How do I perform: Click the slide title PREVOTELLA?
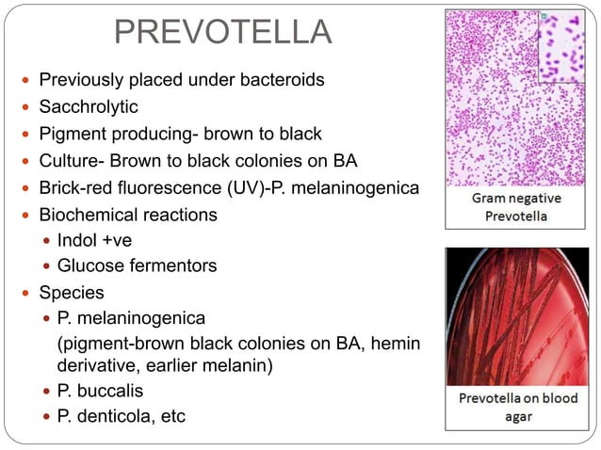pos(222,32)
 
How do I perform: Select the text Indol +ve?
pos(95,240)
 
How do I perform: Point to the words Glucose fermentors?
pos(137,266)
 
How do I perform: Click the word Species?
pos(71,292)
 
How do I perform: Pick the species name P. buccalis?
pos(101,390)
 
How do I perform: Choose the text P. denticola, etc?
pos(122,415)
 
